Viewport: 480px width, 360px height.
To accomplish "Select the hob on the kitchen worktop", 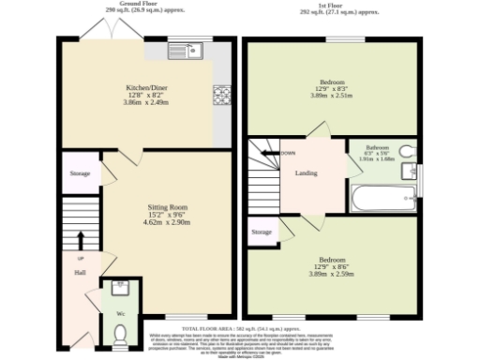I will click(223, 95).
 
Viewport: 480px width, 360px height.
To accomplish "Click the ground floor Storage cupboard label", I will click(79, 174).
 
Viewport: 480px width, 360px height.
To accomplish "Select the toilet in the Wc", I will click(120, 332).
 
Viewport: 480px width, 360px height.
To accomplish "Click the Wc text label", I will click(120, 311).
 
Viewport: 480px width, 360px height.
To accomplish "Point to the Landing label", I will click(306, 172).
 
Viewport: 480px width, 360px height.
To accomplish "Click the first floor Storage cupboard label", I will click(262, 232).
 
